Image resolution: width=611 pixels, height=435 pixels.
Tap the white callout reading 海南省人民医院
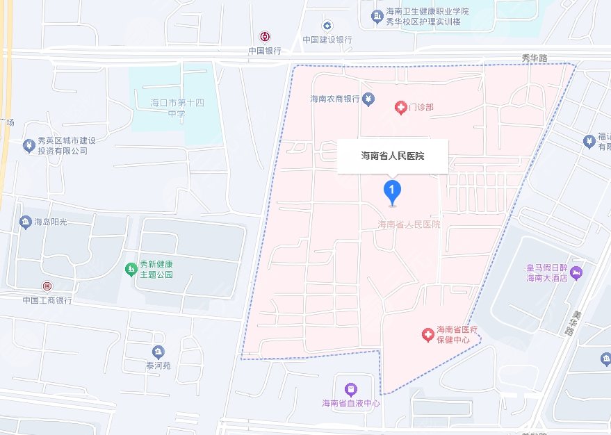tap(393, 156)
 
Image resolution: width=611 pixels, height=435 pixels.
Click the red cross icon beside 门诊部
tap(400, 107)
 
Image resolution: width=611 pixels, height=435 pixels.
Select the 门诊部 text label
tap(421, 107)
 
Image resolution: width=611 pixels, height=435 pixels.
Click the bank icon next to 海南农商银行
tap(368, 99)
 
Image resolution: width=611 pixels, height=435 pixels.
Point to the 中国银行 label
tap(265, 51)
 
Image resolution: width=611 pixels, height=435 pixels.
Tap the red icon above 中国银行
tap(265, 37)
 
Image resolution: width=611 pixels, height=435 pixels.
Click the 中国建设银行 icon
tap(327, 26)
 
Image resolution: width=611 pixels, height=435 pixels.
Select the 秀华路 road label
tap(536, 58)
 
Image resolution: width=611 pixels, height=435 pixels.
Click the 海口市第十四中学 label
tap(177, 108)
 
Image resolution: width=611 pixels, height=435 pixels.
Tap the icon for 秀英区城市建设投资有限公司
tap(28, 145)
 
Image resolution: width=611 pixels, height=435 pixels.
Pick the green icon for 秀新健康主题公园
tap(129, 268)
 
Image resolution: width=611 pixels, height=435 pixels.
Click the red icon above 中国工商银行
tap(47, 286)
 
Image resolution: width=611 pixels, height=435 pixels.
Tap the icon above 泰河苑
tap(158, 351)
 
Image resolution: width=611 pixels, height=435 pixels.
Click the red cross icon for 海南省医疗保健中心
tap(427, 336)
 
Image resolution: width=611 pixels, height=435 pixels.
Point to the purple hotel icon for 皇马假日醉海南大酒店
tap(577, 272)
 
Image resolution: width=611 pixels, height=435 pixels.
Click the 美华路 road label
tap(570, 322)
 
